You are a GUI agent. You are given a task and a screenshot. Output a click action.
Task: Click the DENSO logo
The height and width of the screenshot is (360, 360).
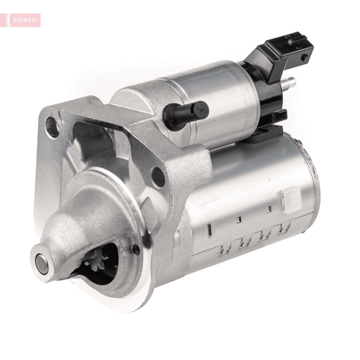click(x=25, y=20)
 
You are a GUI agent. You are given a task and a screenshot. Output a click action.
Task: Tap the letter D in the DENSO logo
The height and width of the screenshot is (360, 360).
click(x=16, y=20)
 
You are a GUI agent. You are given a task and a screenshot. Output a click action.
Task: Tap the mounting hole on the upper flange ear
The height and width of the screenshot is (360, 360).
click(x=53, y=127)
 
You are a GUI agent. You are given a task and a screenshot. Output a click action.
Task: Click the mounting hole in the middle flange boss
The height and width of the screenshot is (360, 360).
click(x=158, y=177)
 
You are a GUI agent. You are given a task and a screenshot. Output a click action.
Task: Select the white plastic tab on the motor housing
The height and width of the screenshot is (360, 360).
click(x=290, y=200)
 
